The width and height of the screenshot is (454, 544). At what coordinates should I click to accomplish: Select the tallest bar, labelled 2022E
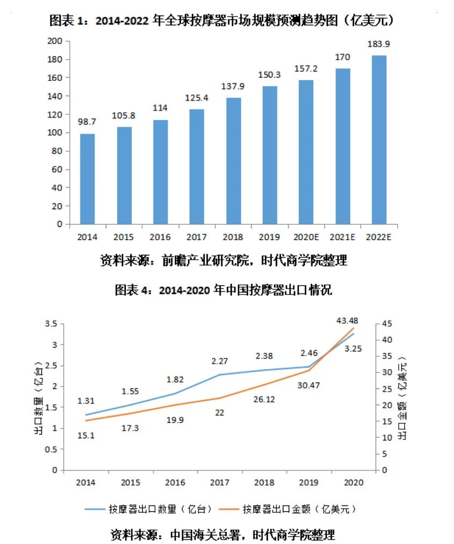[x=378, y=139]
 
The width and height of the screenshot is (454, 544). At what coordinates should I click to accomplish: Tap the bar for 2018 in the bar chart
[x=233, y=161]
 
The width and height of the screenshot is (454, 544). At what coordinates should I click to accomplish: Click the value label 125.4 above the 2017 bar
[x=196, y=98]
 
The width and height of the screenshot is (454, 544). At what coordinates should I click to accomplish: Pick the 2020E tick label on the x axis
[x=305, y=236]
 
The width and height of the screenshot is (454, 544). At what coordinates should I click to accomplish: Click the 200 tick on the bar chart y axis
[x=56, y=41]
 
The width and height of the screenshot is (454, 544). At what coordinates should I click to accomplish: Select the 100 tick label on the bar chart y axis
[x=56, y=133]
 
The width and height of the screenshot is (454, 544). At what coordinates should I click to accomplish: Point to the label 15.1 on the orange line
[x=86, y=436]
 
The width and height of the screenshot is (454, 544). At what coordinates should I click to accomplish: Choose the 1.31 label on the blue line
[x=86, y=401]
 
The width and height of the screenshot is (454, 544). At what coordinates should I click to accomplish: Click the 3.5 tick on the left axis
[x=52, y=324]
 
